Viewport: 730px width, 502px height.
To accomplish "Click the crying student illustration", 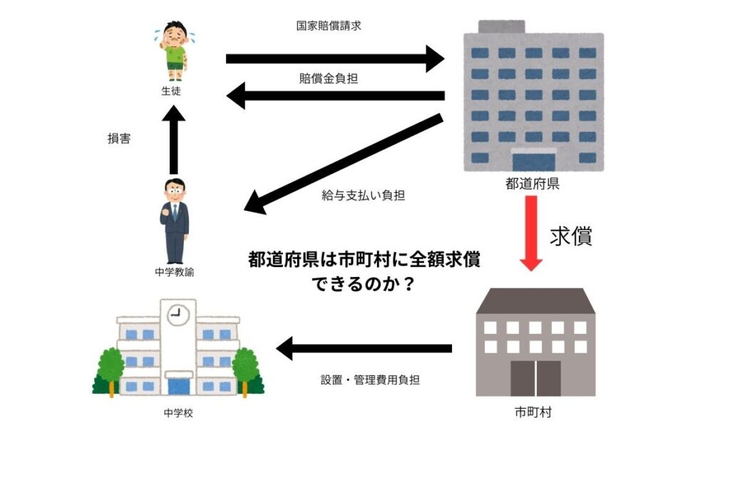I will click(173, 51).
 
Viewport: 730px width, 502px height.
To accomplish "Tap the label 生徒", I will click(173, 91).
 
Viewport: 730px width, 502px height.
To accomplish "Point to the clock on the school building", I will click(178, 314).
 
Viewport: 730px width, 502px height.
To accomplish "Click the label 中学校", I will click(178, 413).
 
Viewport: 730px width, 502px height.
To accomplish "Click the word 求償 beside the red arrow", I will click(570, 236).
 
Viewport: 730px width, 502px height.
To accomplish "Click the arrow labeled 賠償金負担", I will click(335, 95).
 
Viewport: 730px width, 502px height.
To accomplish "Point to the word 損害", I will click(119, 140).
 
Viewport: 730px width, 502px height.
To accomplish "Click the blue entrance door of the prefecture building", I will click(533, 160).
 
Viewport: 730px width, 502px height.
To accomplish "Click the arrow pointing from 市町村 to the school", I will click(364, 348).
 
